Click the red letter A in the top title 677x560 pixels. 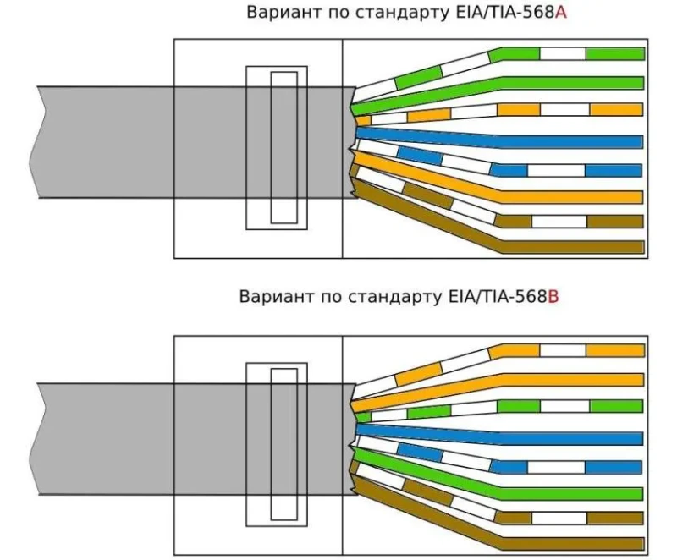pyautogui.click(x=561, y=13)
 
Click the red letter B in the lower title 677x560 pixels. pyautogui.click(x=553, y=297)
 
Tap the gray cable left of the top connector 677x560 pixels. pyautogui.click(x=103, y=142)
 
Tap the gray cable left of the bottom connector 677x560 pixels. pyautogui.click(x=103, y=439)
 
